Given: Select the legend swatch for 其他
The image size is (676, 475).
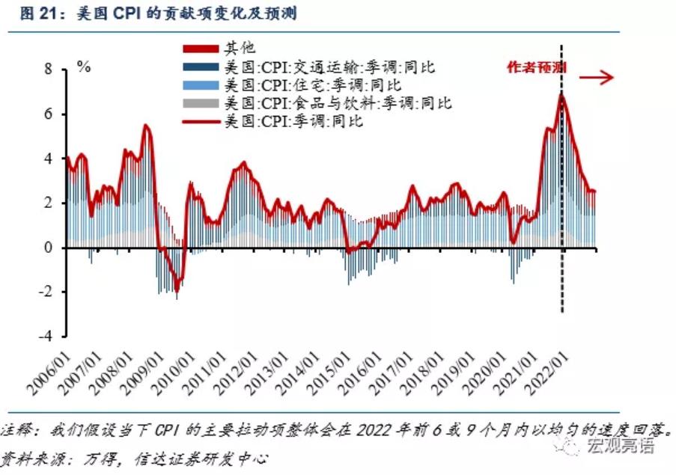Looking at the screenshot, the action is click(201, 49).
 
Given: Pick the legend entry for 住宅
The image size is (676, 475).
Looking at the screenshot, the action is click(292, 85).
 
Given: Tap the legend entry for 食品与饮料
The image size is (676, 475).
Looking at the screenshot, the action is click(317, 103).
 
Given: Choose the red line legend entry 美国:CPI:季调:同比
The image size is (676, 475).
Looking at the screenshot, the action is click(273, 121).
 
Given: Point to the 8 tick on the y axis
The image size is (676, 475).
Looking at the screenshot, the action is click(48, 70).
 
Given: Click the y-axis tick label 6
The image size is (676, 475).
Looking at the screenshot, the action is click(48, 114).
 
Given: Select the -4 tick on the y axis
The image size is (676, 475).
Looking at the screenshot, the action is click(45, 336).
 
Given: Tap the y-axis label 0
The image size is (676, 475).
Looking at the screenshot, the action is click(48, 247).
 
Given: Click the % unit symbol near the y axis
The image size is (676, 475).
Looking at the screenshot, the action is click(84, 67).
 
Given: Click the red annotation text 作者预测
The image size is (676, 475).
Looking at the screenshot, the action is click(536, 67).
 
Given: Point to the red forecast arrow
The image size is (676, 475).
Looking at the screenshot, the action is click(596, 78).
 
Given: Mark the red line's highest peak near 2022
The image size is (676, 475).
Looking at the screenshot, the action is click(561, 94).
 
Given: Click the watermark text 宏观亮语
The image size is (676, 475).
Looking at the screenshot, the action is click(620, 445).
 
